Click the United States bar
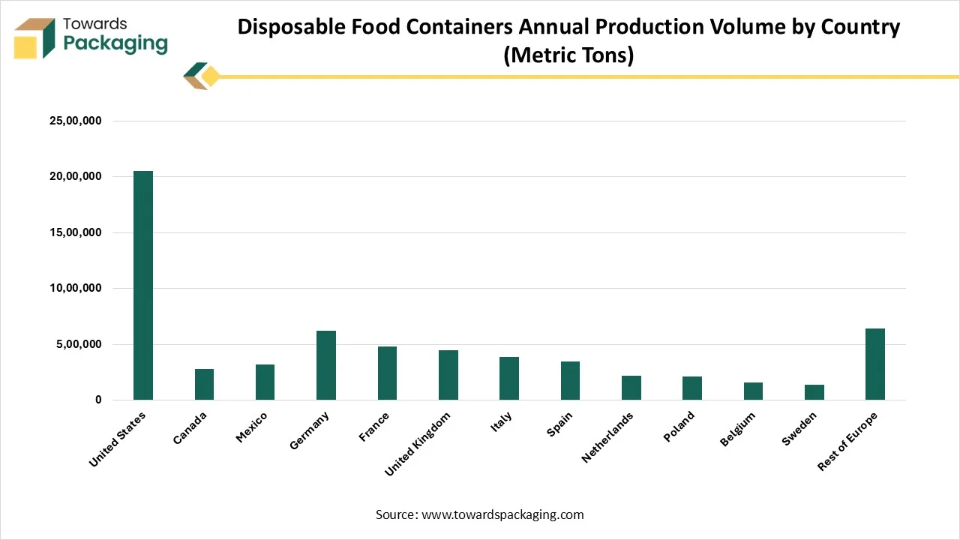click(143, 286)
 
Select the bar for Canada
click(204, 385)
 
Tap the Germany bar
click(325, 365)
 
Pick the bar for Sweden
click(814, 392)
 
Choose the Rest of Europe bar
click(874, 364)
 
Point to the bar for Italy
click(508, 379)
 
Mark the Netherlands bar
click(631, 388)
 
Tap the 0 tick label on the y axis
click(97, 400)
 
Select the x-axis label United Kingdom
click(417, 444)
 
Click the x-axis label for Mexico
click(251, 427)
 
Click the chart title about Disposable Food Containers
click(568, 41)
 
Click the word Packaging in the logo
click(115, 43)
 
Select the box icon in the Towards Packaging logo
click(34, 39)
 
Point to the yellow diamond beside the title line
click(211, 76)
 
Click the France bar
click(387, 373)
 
